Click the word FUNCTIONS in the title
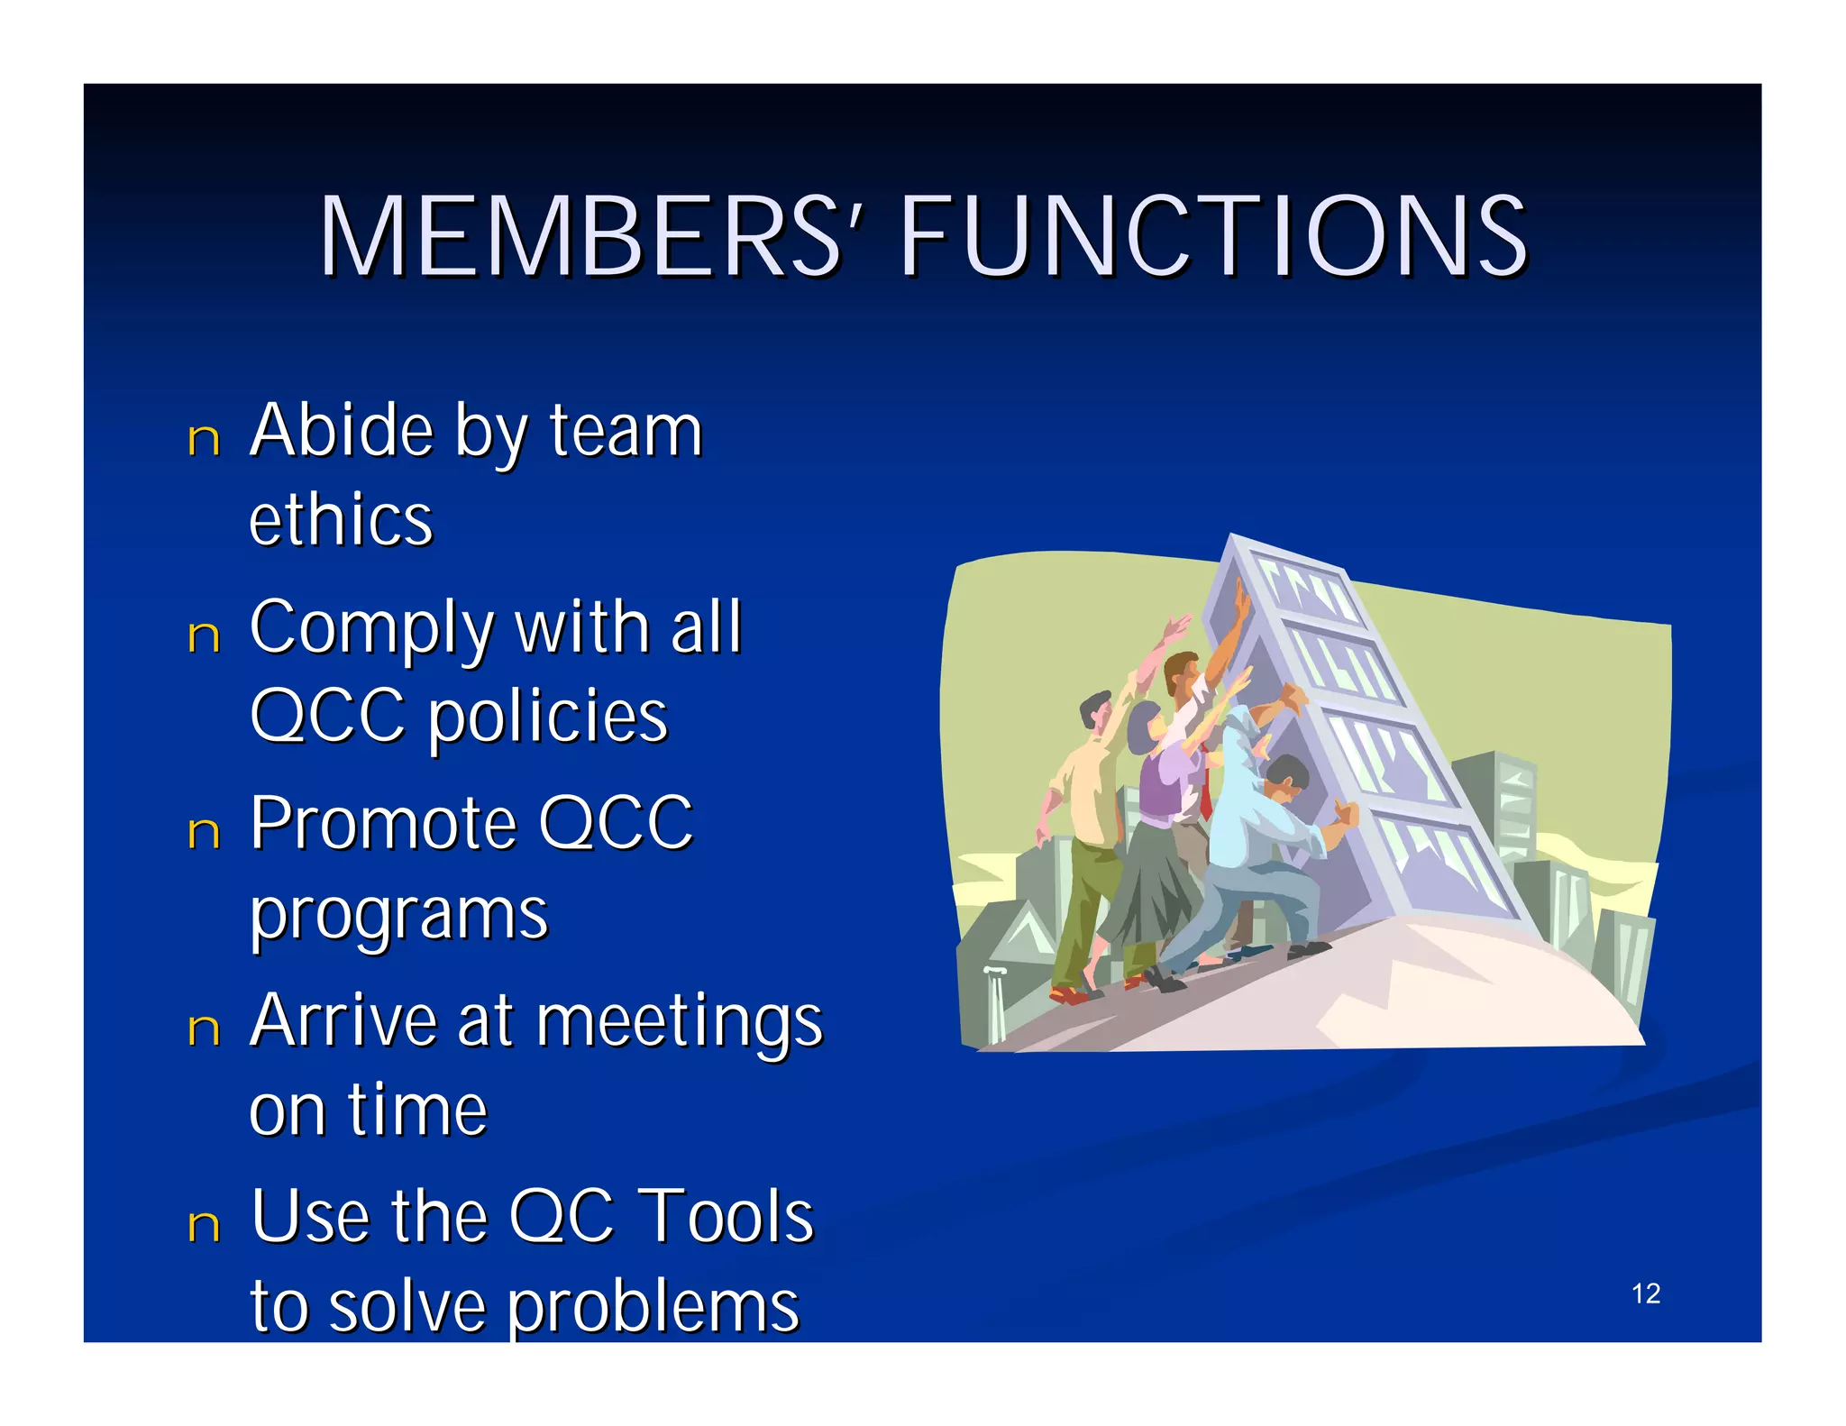[x=1212, y=236]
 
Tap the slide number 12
[x=1645, y=1293]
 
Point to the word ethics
[x=341, y=520]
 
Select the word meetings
[x=681, y=1023]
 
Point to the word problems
[x=653, y=1307]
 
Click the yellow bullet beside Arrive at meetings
[x=204, y=1028]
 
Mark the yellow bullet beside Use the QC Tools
[x=204, y=1225]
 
